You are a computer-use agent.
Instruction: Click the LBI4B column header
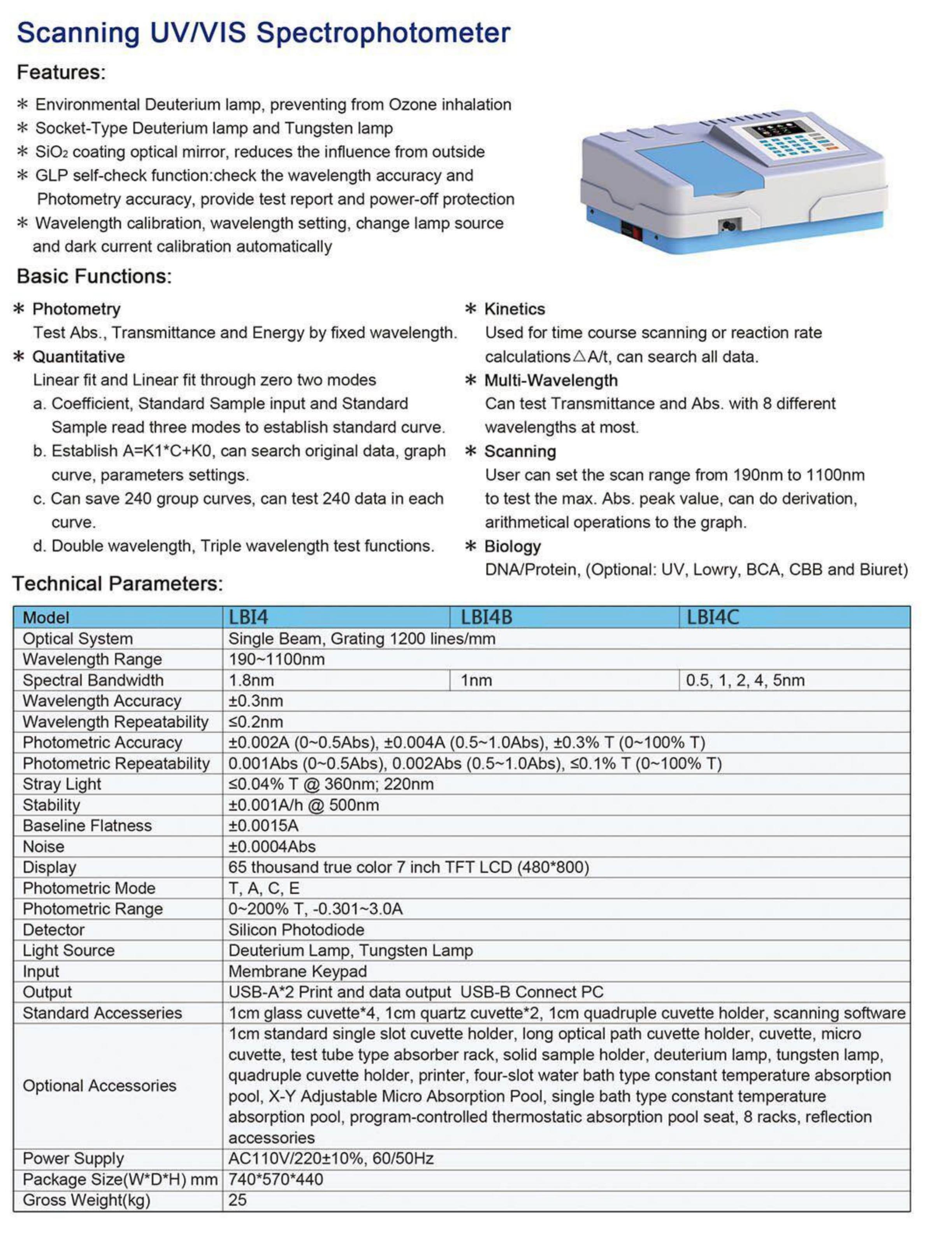[x=486, y=617]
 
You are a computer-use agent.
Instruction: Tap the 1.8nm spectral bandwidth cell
[x=251, y=680]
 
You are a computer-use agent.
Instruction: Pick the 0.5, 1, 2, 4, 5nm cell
[x=745, y=680]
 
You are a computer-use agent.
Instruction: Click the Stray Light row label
[x=62, y=784]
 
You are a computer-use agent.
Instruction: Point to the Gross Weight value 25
[x=237, y=1200]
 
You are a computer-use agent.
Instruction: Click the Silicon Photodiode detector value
[x=296, y=930]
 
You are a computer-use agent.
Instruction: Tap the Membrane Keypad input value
[x=298, y=972]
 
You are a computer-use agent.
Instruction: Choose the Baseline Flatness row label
[x=87, y=826]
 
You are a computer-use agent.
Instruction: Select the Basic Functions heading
[x=94, y=276]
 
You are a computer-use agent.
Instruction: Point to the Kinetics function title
[x=514, y=309]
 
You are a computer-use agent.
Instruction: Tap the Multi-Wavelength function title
[x=550, y=381]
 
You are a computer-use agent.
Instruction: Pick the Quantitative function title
[x=78, y=356]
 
